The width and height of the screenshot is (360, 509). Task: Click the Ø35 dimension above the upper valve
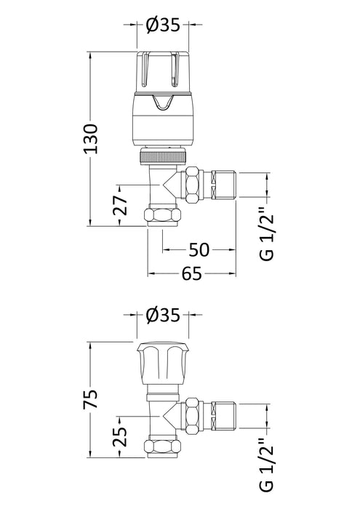tap(164, 26)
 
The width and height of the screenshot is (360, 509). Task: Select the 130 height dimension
tap(92, 138)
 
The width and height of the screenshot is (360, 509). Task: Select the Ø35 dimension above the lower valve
tap(164, 316)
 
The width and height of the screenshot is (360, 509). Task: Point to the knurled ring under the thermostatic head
tap(164, 156)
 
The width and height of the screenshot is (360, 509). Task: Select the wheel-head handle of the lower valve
tap(164, 364)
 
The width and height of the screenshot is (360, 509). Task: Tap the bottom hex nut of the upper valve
tap(164, 217)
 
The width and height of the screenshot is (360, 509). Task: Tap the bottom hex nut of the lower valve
tap(164, 448)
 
